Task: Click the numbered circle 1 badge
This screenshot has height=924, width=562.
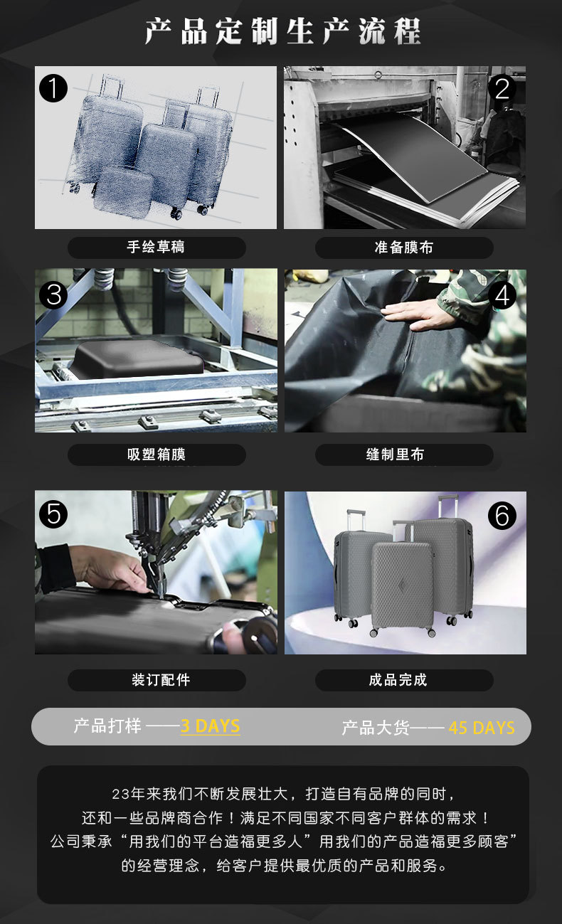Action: (53, 88)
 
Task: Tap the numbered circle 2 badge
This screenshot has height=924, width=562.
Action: (502, 88)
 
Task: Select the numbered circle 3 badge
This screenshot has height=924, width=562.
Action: (53, 294)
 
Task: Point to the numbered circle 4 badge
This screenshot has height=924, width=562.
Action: (502, 295)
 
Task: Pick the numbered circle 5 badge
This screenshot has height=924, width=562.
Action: (53, 514)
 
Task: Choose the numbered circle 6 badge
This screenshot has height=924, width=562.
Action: (502, 515)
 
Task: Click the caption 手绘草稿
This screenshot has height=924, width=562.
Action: (156, 247)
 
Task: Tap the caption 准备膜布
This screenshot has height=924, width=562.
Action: (404, 248)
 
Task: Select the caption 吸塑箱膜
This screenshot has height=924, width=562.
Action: (157, 454)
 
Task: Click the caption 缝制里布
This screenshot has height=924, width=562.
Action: (396, 454)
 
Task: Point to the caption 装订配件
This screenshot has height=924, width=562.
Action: (161, 680)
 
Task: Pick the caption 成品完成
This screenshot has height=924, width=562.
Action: (398, 680)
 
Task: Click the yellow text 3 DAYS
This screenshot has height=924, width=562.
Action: (210, 726)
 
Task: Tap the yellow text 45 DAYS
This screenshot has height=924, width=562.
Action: (482, 728)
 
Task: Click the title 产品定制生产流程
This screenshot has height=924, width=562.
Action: (282, 31)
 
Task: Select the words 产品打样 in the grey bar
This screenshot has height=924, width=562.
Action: (107, 726)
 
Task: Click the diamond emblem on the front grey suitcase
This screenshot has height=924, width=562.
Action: (403, 586)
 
